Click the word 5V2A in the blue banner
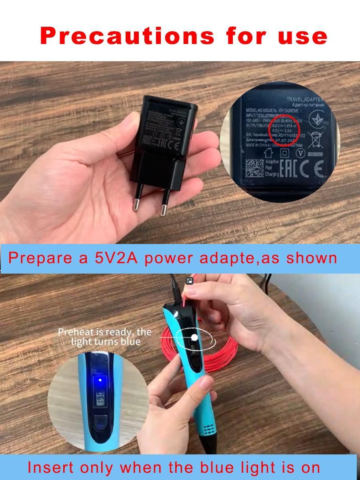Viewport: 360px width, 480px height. pos(116,258)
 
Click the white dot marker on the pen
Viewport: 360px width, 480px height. pos(194,338)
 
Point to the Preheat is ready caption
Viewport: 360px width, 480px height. pos(105,336)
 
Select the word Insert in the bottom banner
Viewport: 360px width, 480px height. pos(50,467)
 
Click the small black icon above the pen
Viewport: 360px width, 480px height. pos(190,281)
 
